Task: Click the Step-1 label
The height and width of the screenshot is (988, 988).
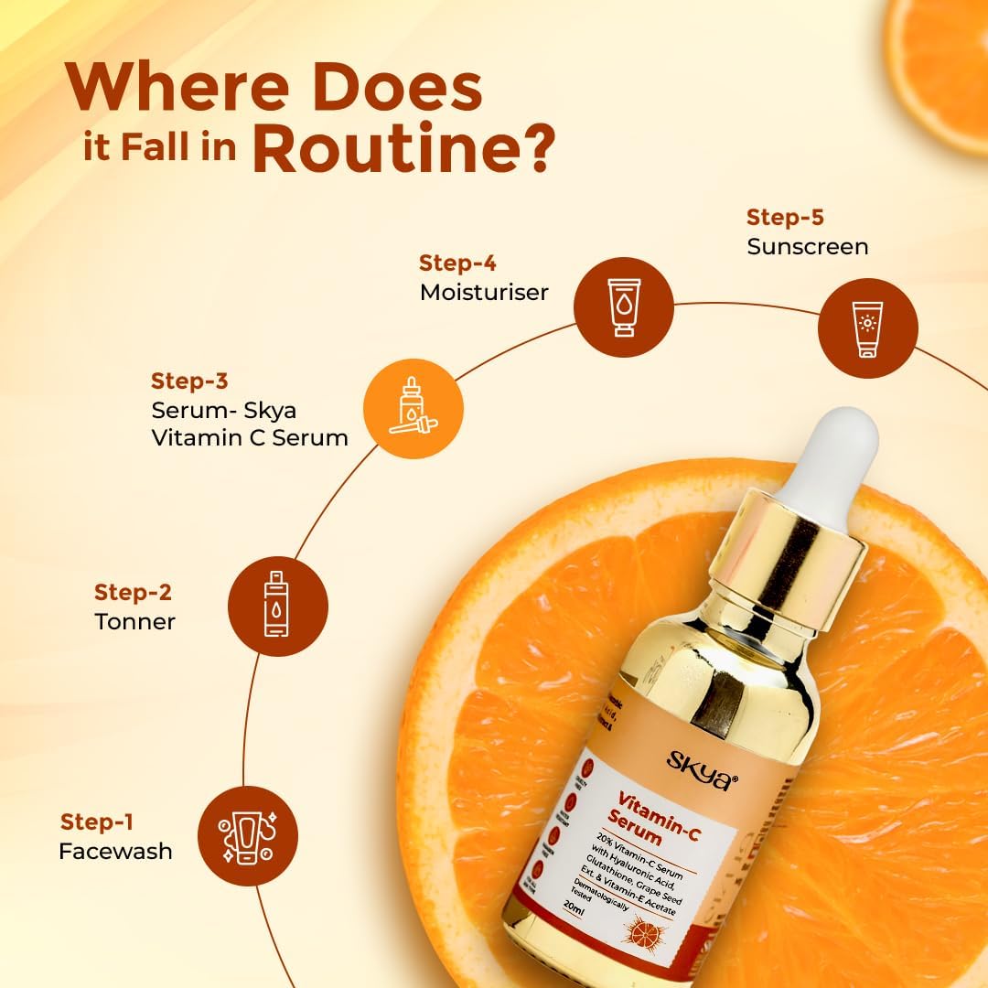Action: click(x=98, y=822)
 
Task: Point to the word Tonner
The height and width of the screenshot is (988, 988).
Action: click(x=134, y=621)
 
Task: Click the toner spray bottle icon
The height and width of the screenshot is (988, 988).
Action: click(x=277, y=604)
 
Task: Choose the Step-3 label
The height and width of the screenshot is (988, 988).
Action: click(x=189, y=381)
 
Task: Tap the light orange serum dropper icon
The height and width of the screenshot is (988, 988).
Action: click(x=413, y=408)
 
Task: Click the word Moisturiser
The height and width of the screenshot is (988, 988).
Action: click(x=484, y=292)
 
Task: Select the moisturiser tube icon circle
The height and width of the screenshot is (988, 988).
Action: click(x=623, y=306)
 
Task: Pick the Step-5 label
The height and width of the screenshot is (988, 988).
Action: click(x=785, y=218)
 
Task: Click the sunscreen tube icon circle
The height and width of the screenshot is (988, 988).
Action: click(x=867, y=328)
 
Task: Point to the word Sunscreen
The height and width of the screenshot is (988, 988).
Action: click(x=807, y=246)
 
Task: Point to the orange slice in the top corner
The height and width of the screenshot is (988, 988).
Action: click(x=942, y=64)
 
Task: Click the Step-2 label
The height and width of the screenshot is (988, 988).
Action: click(x=133, y=592)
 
